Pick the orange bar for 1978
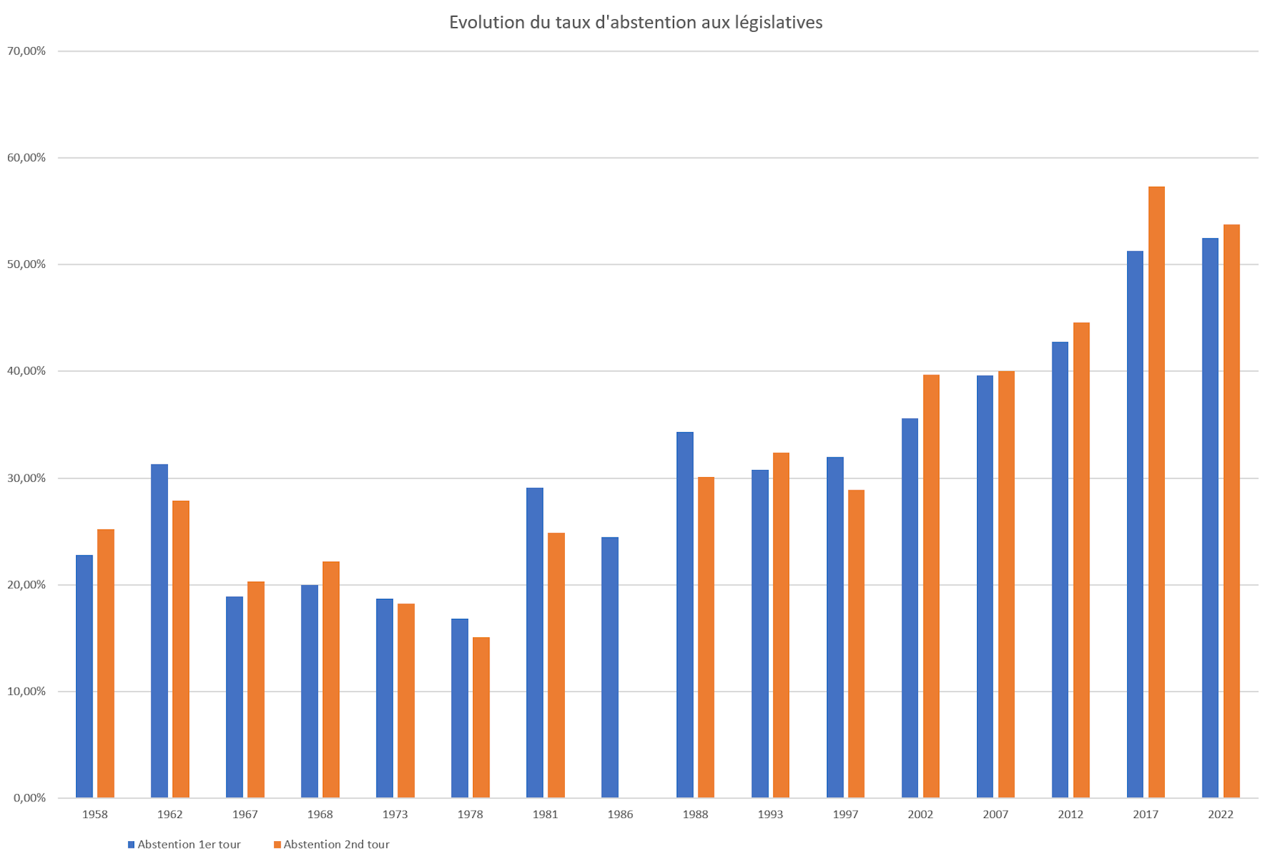tap(481, 717)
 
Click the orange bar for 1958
tap(105, 663)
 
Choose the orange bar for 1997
tap(855, 643)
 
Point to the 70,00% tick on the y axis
tap(26, 51)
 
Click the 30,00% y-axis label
tap(26, 478)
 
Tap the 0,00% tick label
tap(29, 797)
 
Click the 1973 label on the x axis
tap(395, 815)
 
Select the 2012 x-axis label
tap(1070, 815)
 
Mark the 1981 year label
tap(545, 815)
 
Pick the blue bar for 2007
tap(984, 586)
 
